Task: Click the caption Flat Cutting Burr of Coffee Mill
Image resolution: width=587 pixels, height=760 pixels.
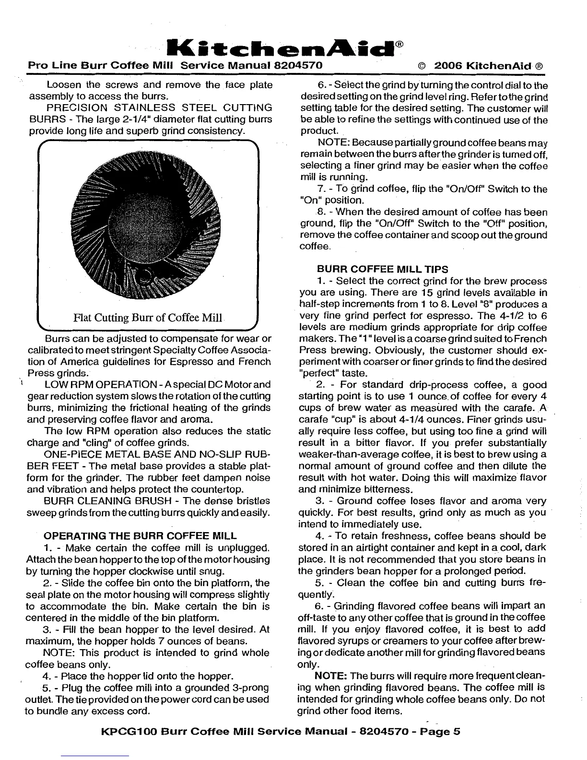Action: point(148,318)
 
